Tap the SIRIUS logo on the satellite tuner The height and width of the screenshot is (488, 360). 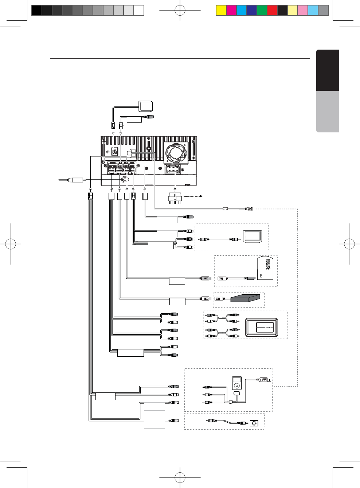(268, 264)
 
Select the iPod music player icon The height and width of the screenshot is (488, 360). (237, 383)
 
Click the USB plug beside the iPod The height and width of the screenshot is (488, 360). (265, 380)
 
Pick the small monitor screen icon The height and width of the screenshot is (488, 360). (253, 236)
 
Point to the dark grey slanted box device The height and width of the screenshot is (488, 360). (245, 298)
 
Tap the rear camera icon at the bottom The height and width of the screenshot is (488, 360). (254, 423)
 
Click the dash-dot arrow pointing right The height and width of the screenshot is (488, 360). (193, 196)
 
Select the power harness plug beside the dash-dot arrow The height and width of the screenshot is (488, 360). (175, 199)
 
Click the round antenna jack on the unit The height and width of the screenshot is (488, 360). (125, 179)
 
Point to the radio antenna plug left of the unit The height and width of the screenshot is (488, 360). (76, 180)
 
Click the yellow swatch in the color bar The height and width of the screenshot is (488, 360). (221, 10)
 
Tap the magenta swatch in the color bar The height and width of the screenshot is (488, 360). (231, 10)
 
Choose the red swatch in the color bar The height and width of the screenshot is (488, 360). (272, 10)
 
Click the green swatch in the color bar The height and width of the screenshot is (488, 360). (262, 10)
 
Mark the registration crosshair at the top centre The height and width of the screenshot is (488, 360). (180, 10)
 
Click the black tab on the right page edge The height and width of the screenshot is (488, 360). (328, 70)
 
